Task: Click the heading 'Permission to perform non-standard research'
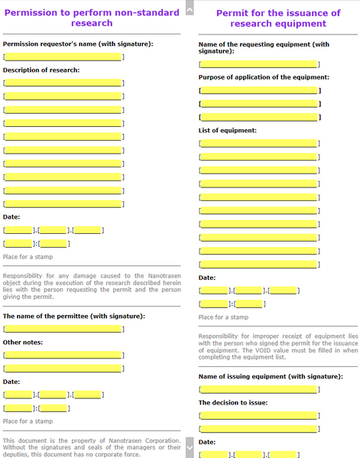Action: [92, 18]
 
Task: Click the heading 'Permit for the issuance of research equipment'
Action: [278, 18]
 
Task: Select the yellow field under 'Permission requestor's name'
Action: [63, 57]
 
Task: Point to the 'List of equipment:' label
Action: [227, 130]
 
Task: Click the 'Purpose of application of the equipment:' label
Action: [264, 77]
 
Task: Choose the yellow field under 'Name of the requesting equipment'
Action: [258, 64]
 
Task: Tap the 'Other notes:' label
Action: [23, 342]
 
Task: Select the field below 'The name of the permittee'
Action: [63, 329]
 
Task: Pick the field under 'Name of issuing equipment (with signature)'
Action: [258, 389]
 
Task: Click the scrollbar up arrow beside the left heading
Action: [190, 7]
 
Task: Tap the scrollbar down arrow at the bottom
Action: [190, 443]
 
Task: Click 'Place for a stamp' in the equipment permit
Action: [223, 317]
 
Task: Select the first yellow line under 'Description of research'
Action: [63, 83]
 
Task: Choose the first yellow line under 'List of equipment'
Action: [258, 143]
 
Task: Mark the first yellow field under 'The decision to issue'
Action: [258, 415]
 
